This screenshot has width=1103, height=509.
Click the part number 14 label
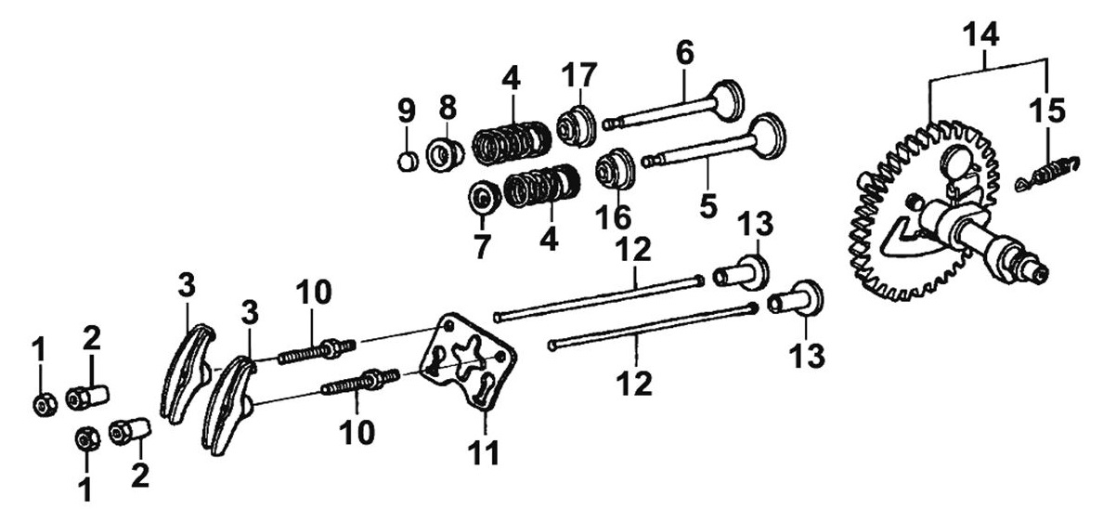[980, 37]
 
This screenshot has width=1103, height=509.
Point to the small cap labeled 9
[405, 160]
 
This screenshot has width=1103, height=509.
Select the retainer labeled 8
[447, 152]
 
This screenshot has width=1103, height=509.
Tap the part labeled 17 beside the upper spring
[576, 125]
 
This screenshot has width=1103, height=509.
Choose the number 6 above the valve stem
[684, 53]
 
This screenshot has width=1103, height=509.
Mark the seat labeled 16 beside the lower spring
[614, 170]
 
